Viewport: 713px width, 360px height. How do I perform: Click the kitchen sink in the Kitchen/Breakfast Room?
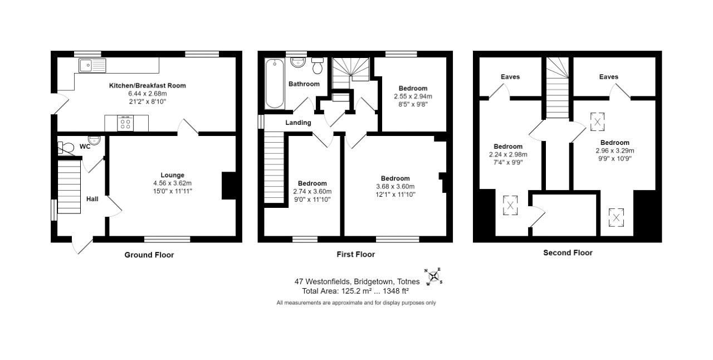(x=92, y=66)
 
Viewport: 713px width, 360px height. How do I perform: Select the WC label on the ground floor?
(x=85, y=147)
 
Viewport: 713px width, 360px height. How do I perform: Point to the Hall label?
(x=92, y=198)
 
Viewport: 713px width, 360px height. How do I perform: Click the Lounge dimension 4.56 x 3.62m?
(x=172, y=183)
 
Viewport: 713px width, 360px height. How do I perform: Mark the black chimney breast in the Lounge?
(x=229, y=186)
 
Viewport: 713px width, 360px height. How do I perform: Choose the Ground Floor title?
(x=149, y=255)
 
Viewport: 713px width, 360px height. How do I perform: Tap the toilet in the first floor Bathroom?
(x=318, y=66)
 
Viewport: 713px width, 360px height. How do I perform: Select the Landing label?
(x=298, y=123)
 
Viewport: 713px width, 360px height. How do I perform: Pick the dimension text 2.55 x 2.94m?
(x=413, y=96)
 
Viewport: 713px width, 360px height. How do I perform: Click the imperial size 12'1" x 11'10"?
(x=395, y=194)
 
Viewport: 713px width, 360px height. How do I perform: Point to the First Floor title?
(x=355, y=255)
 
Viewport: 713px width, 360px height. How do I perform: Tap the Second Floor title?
(x=568, y=253)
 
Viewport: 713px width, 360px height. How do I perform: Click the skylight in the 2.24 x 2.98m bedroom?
(x=510, y=205)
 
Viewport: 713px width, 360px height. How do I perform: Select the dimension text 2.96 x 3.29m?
(x=615, y=150)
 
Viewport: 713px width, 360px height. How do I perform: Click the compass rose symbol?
(x=433, y=276)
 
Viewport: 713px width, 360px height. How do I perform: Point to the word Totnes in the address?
(x=409, y=282)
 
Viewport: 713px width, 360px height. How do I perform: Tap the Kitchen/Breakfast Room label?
(x=147, y=86)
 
